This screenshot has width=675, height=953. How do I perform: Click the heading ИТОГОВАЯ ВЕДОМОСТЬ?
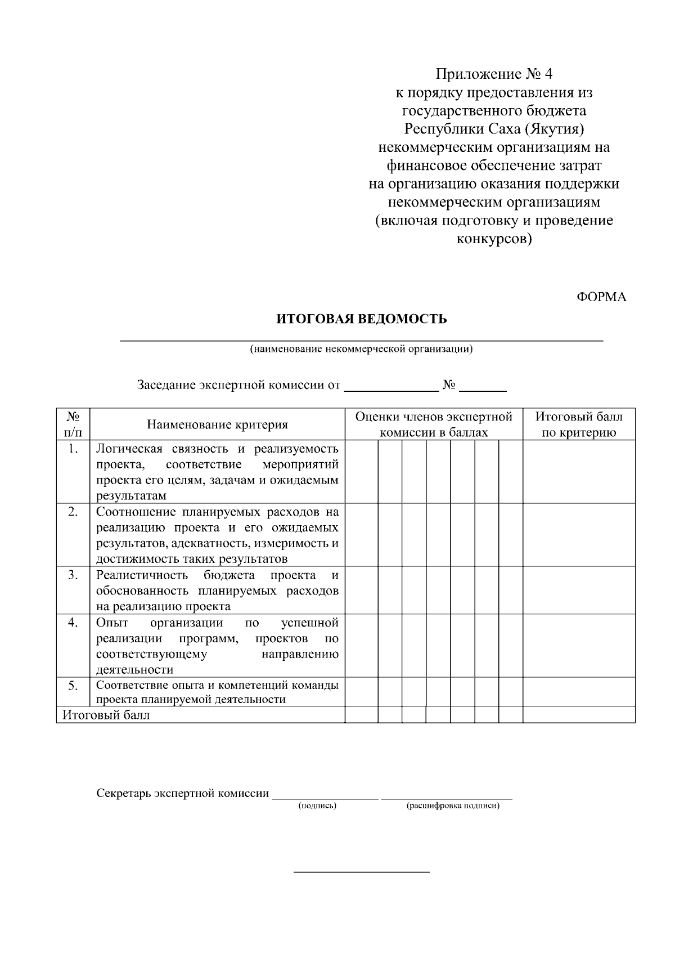tap(361, 319)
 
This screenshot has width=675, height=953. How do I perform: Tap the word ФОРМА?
tap(601, 297)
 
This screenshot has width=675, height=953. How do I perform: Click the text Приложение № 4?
tap(494, 74)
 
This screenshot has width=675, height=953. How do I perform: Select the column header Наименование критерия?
tap(217, 424)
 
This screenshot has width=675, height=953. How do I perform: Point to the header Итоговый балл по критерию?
tap(579, 424)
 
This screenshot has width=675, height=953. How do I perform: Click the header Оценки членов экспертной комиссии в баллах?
tap(434, 424)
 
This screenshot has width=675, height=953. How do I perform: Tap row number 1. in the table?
tap(73, 449)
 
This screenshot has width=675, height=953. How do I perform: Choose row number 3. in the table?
tap(73, 575)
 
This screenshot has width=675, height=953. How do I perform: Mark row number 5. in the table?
tap(73, 685)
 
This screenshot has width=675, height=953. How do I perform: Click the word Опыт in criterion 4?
tap(112, 623)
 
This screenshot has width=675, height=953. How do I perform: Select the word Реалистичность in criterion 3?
tap(142, 575)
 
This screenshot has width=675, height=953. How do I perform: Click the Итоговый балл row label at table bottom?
tap(106, 715)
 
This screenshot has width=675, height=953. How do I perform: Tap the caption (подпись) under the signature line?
tap(317, 806)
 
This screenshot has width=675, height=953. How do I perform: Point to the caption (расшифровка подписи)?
tap(452, 806)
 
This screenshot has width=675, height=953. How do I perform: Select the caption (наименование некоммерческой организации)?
tap(361, 349)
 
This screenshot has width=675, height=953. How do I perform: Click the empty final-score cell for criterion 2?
tap(579, 535)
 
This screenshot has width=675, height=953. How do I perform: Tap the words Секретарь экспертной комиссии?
tap(183, 793)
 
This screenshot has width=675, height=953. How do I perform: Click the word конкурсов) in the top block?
tap(493, 239)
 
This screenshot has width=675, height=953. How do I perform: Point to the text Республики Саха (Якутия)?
tap(494, 129)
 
